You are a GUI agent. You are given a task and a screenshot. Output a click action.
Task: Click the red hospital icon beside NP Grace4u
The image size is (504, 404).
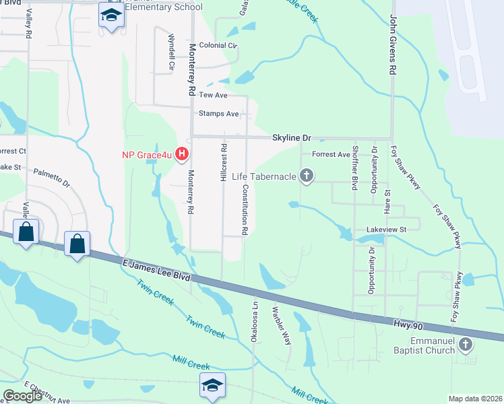181,155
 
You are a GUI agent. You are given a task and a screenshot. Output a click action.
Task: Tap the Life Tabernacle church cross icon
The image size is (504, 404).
307,176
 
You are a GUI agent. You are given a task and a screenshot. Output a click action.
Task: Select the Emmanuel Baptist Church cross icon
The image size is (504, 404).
465,346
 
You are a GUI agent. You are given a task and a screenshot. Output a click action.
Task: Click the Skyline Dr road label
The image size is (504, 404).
291,137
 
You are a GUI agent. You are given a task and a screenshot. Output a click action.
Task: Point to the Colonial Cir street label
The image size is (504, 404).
218,46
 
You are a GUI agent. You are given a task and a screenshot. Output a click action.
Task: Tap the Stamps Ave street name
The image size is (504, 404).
219,114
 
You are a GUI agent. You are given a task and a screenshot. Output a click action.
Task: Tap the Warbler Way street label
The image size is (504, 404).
281,326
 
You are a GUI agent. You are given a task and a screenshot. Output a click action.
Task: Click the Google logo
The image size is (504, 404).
22,396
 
